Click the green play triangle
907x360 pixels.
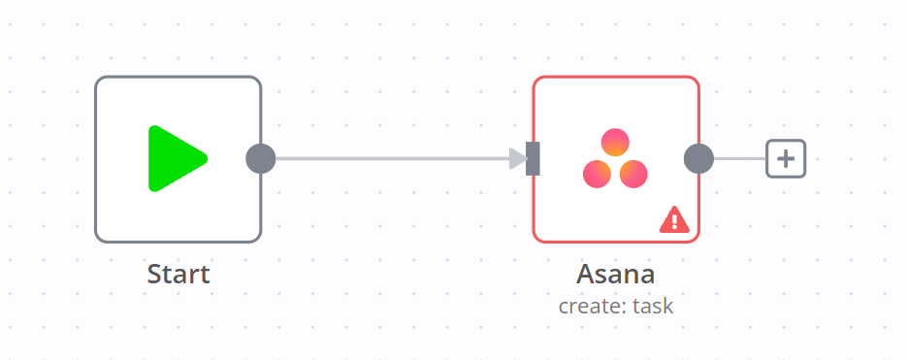174,158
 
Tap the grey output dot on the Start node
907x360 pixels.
261,158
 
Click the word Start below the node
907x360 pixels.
178,275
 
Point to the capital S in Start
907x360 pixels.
154,275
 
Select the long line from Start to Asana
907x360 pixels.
388,158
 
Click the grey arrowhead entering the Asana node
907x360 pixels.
518,158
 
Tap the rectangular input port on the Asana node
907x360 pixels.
533,158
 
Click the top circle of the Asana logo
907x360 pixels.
615,143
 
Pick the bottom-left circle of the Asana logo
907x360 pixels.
597,174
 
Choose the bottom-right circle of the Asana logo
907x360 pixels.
633,174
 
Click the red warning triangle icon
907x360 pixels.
673,220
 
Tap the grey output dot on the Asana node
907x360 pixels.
698,158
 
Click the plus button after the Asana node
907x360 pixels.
786,158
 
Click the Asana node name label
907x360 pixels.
615,275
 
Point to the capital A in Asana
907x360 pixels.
585,275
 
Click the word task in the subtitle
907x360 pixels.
652,307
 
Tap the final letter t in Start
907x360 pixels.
205,275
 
